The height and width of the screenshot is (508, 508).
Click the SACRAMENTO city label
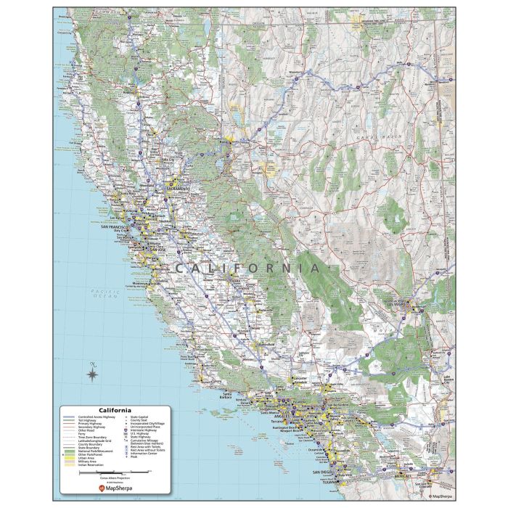(178, 189)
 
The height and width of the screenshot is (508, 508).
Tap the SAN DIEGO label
(323, 472)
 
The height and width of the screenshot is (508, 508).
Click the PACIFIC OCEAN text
(104, 293)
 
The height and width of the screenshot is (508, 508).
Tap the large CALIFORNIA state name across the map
(247, 268)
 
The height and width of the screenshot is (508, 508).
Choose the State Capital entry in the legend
(139, 417)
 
